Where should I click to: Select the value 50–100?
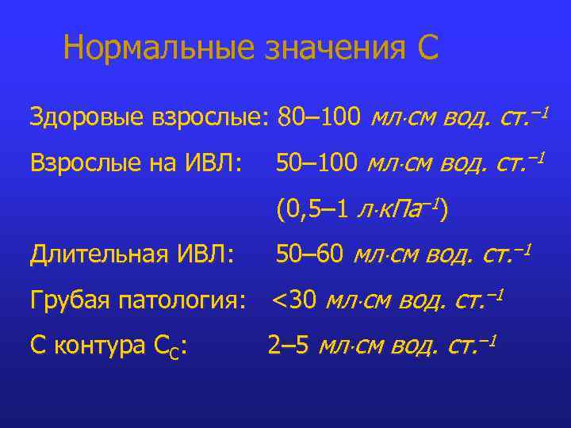[x=316, y=164]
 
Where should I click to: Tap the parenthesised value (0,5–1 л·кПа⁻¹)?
[x=362, y=210]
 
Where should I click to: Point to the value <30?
[x=295, y=300]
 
